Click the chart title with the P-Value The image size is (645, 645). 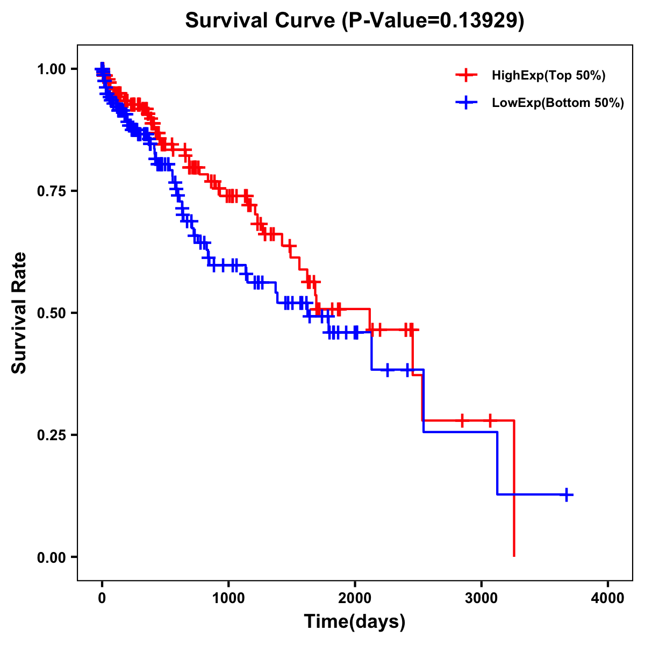(355, 21)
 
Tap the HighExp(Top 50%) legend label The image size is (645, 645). (549, 76)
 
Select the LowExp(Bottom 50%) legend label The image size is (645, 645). (558, 103)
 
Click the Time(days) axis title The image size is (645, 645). (355, 622)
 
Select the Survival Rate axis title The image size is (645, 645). (19, 313)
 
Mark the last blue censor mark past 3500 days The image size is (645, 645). (566, 494)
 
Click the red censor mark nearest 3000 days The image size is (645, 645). (490, 420)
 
